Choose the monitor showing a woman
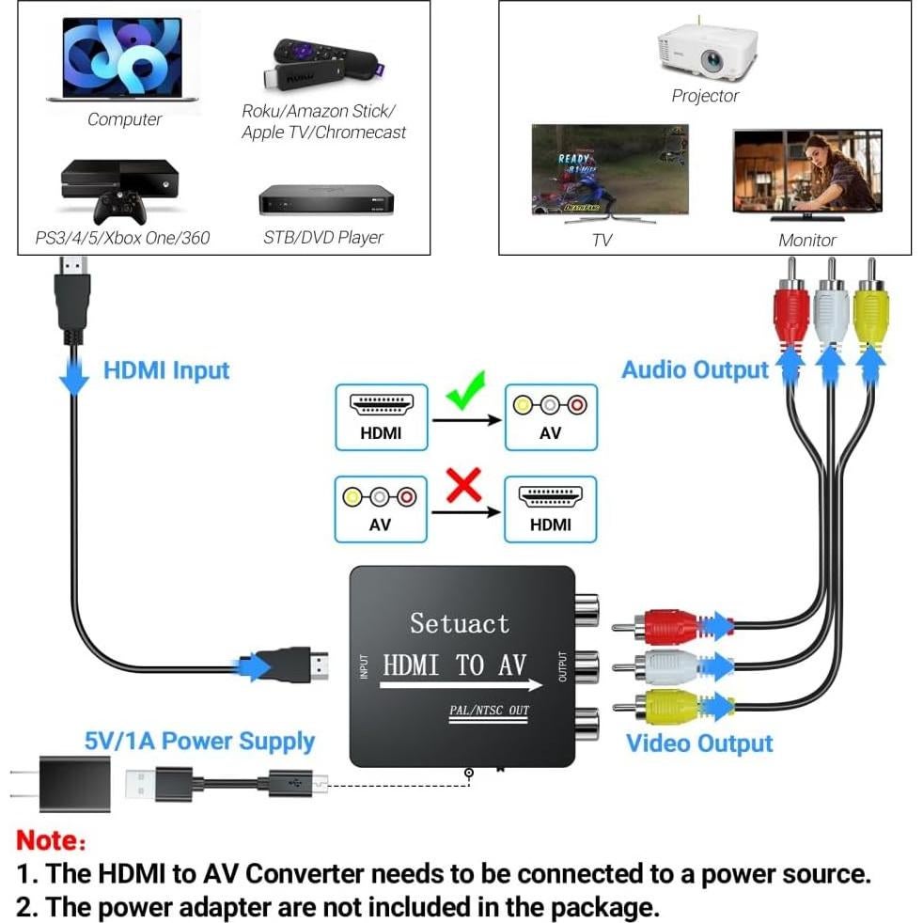click(x=807, y=173)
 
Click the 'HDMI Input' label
click(x=165, y=370)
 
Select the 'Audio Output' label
click(x=695, y=370)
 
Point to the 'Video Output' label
click(x=699, y=743)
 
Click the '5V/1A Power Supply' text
click(x=199, y=741)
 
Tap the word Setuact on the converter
click(x=459, y=623)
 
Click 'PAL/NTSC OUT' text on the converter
click(x=489, y=710)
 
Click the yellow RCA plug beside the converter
click(x=668, y=706)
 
